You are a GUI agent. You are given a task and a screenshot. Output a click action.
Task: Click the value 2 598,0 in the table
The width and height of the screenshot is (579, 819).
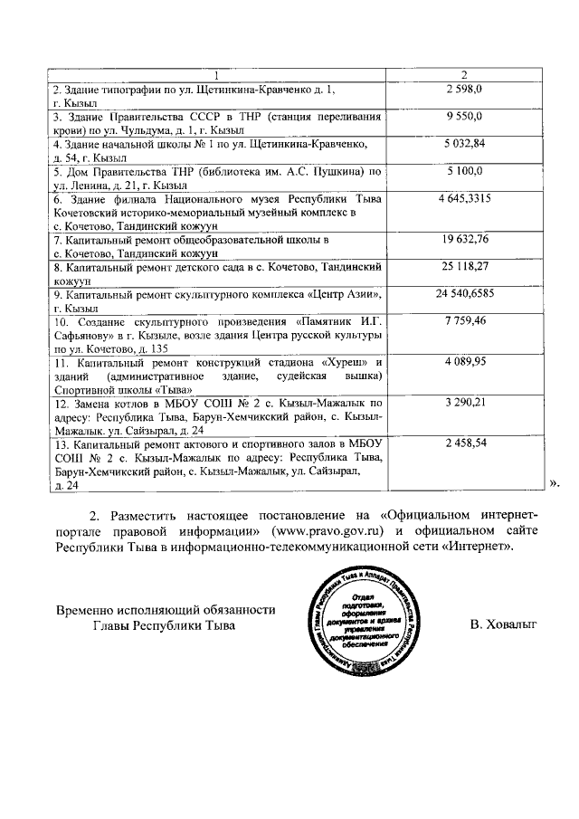coord(464,89)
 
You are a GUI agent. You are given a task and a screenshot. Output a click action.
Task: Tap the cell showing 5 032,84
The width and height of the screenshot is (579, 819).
coord(465,143)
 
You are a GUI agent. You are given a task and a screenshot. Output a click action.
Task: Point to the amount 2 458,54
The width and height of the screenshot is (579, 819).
coord(465,444)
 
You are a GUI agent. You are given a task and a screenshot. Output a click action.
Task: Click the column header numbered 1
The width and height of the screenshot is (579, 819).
coord(217,74)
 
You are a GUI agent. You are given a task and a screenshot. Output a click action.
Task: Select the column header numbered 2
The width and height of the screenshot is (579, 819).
coord(464,74)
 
